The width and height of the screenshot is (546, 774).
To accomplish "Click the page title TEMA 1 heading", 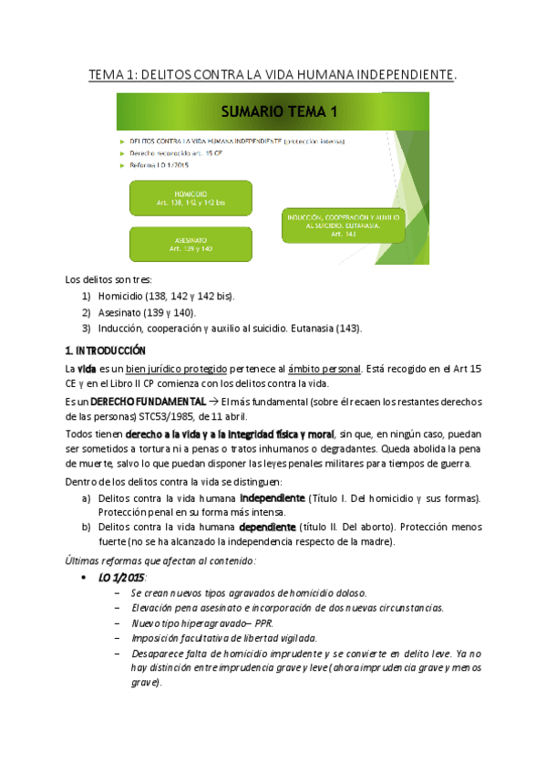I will [273, 72].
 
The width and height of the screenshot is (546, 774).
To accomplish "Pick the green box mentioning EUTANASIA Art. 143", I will [344, 224].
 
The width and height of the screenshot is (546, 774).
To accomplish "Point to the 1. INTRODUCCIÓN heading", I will [105, 350].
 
